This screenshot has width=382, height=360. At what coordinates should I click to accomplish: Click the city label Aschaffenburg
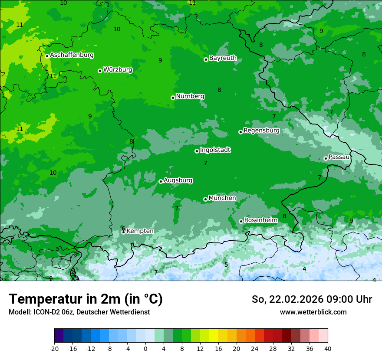pyautogui.click(x=72, y=55)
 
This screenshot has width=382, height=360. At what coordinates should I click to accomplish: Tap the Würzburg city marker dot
pyautogui.click(x=100, y=71)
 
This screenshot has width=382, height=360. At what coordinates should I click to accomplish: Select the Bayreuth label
pyautogui.click(x=223, y=58)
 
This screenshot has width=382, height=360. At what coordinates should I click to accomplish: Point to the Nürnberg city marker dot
pyautogui.click(x=173, y=98)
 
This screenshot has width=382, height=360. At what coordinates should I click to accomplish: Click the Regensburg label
pyautogui.click(x=261, y=131)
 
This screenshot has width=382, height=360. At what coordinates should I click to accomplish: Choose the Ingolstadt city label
pyautogui.click(x=215, y=150)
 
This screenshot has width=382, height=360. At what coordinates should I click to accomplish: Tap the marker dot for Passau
pyautogui.click(x=326, y=158)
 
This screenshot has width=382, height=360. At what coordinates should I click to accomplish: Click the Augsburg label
pyautogui.click(x=178, y=180)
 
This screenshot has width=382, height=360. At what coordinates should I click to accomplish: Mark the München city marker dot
pyautogui.click(x=205, y=199)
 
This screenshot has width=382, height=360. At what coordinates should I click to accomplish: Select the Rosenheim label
pyautogui.click(x=260, y=220)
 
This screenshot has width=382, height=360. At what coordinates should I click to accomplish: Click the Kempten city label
pyautogui.click(x=140, y=231)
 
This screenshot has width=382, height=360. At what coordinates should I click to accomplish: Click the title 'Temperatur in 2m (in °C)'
pyautogui.click(x=86, y=299)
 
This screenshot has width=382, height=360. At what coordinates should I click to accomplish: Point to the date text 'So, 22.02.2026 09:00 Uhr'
pyautogui.click(x=312, y=299)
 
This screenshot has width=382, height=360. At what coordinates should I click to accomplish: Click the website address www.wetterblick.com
pyautogui.click(x=313, y=312)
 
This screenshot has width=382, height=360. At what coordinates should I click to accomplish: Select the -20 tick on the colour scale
pyautogui.click(x=54, y=348)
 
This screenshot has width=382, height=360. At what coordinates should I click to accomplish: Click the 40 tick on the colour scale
pyautogui.click(x=327, y=348)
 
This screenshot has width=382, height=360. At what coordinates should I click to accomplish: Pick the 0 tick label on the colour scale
pyautogui.click(x=145, y=348)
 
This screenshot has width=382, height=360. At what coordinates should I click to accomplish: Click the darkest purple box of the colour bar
pyautogui.click(x=59, y=336)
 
